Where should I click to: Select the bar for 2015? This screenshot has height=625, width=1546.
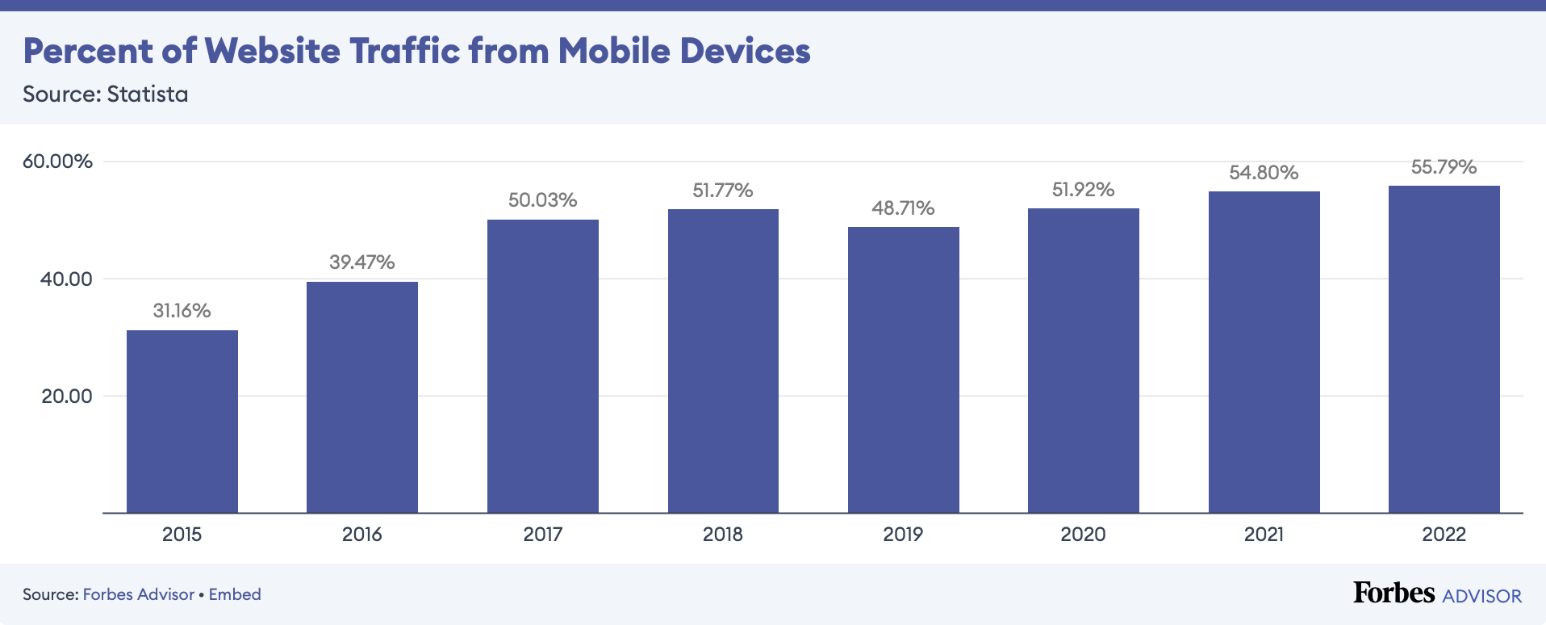pos(182,422)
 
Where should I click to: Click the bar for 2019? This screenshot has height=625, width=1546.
pos(904,370)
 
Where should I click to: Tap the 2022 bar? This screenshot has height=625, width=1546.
pos(1444,350)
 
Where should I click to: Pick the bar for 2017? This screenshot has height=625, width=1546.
pos(543,366)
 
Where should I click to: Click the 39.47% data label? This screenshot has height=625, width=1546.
pos(362,262)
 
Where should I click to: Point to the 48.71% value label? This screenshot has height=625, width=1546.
pos(903,208)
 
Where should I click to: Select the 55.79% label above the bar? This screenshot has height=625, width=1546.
pos(1444,167)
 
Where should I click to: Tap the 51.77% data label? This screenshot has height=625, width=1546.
pos(723,191)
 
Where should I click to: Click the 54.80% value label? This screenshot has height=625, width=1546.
pos(1264,173)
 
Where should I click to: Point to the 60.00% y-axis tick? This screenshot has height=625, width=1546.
pos(58,161)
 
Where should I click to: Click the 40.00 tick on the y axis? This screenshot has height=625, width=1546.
pos(67,279)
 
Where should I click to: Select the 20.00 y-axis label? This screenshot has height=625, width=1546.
pos(67,396)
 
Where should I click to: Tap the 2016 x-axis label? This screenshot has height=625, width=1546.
pos(362,535)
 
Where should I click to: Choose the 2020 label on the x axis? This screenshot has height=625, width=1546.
pos(1083,535)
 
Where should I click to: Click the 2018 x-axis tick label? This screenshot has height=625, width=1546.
pos(723,535)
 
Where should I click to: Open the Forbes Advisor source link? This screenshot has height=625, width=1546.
pos(139,595)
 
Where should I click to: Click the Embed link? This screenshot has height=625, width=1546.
pos(235,595)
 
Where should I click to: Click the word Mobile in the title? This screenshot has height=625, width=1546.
pos(614,51)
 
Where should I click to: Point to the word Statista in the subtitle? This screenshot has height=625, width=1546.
pos(148,94)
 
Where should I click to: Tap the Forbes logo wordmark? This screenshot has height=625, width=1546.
pos(1393,594)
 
